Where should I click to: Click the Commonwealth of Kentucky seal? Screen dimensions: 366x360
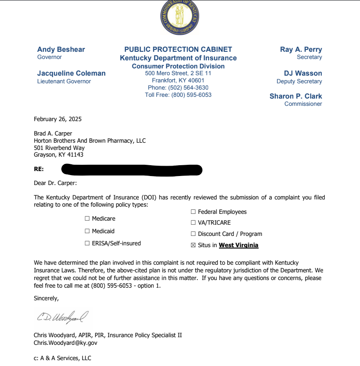[x=180, y=17]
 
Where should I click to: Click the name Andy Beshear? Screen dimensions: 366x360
[x=61, y=50]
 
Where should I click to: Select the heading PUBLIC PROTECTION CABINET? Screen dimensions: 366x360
[x=178, y=50]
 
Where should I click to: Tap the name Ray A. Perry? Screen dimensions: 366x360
[x=301, y=50]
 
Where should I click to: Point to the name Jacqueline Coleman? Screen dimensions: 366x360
[x=71, y=73]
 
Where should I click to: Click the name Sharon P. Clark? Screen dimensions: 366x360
[x=296, y=96]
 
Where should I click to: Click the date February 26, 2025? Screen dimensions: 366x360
[x=58, y=119]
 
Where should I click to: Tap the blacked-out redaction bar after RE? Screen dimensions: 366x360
[x=132, y=170]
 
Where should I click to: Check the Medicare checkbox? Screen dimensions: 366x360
[x=87, y=219]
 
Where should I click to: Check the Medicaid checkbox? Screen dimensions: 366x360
[x=87, y=231]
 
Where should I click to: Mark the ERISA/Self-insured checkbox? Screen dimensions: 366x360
[x=87, y=244]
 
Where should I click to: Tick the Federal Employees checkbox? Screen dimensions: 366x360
[x=193, y=212]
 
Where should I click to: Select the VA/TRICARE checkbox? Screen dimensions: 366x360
[x=193, y=223]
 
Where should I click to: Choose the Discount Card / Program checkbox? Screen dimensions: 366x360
[x=193, y=234]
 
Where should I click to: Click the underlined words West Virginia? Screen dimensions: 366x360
[x=238, y=245]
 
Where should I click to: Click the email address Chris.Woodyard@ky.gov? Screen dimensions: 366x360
[x=65, y=343]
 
